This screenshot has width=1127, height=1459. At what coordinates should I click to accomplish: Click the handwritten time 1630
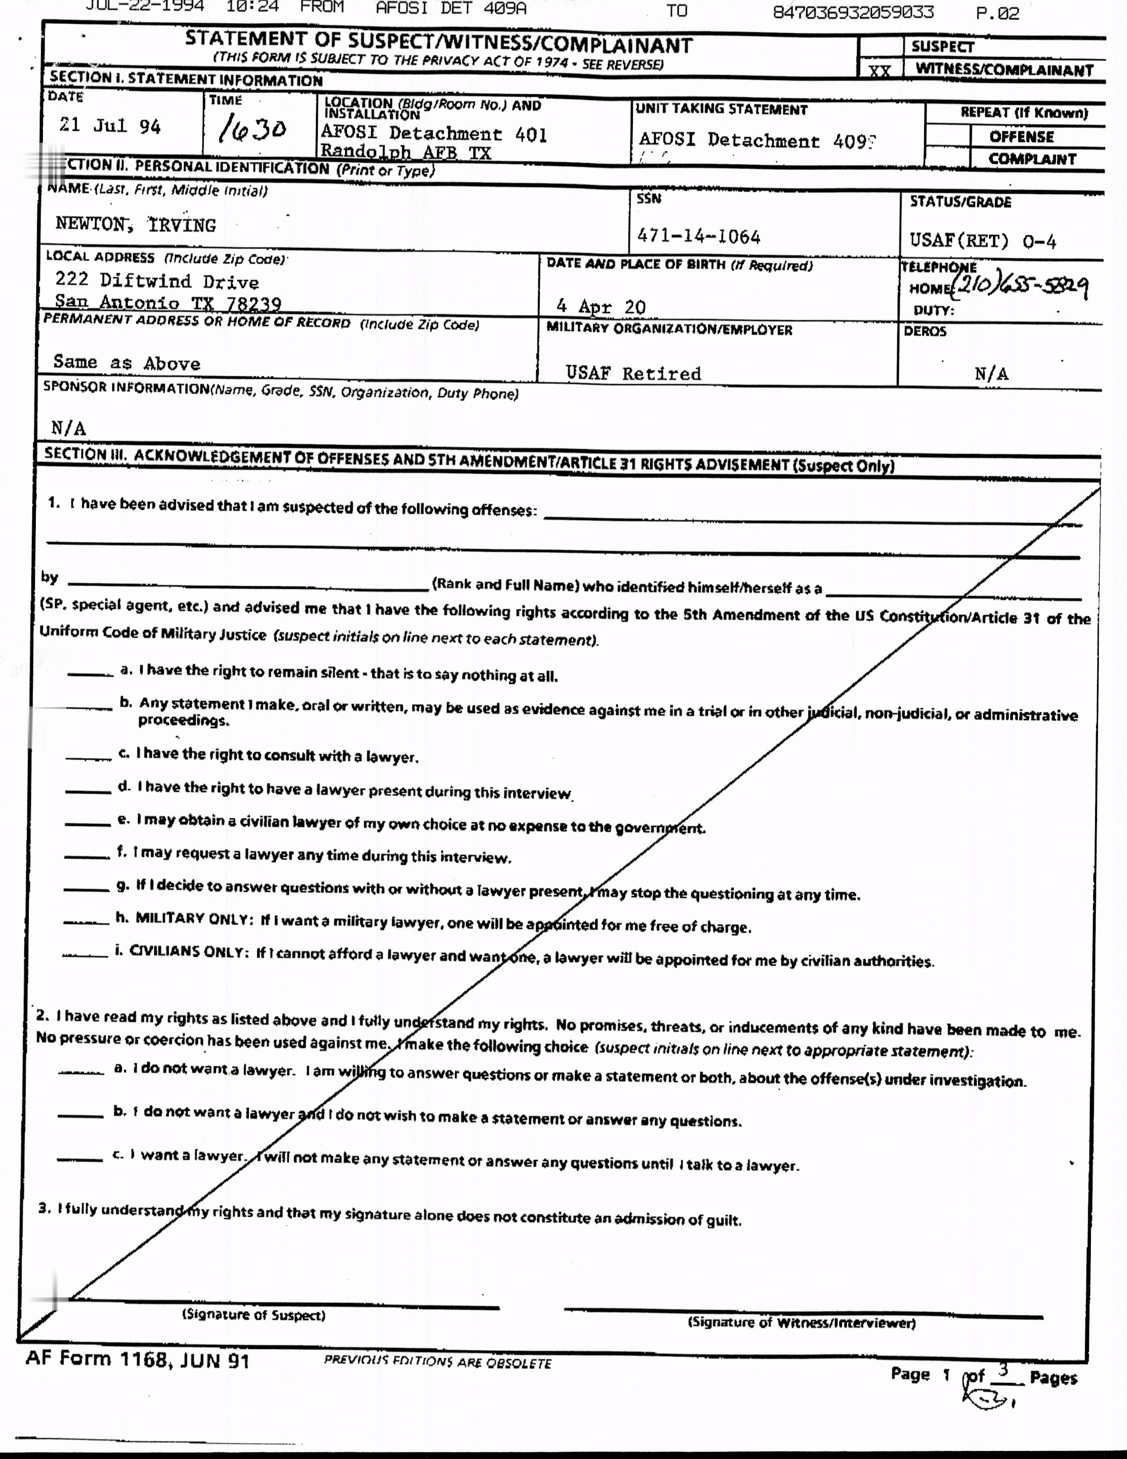252,128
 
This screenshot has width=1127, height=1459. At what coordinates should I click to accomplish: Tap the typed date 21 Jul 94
110,126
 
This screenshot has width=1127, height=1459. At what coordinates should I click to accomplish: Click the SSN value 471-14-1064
698,237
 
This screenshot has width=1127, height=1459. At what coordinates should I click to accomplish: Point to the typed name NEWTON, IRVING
136,225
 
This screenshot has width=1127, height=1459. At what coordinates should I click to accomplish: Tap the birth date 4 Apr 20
601,307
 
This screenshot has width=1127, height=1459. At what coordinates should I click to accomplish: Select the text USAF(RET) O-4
983,241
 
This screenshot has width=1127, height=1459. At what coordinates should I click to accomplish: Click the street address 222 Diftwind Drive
157,281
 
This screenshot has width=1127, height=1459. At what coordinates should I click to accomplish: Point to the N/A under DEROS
991,374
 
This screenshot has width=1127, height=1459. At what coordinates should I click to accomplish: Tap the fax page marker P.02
998,13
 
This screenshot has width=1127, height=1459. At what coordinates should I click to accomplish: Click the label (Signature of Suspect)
254,1315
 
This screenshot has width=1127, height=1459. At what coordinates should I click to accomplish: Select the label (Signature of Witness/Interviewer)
802,1322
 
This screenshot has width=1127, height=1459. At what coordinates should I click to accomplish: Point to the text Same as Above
127,363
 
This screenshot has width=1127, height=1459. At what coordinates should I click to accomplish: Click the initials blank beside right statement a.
90,673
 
